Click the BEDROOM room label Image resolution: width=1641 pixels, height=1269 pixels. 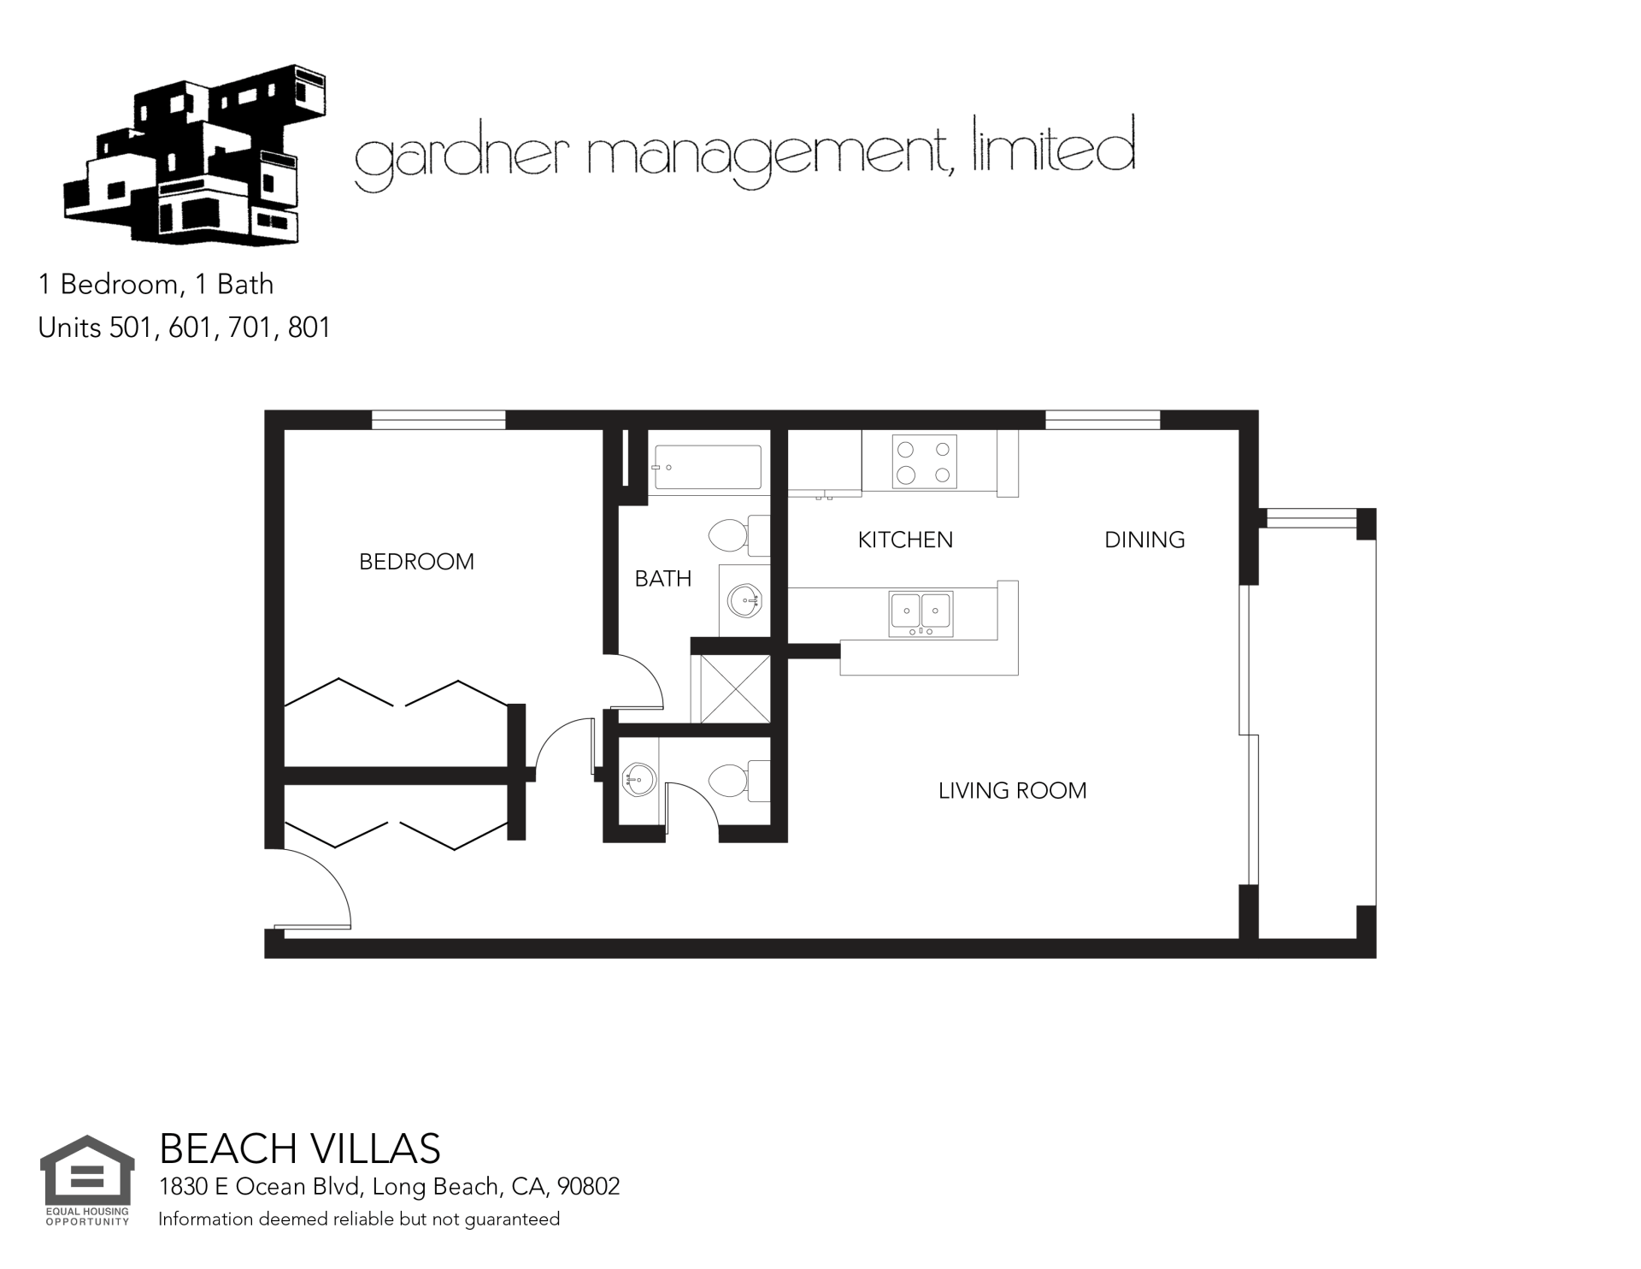coord(416,562)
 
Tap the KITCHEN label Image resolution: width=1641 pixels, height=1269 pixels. coord(905,540)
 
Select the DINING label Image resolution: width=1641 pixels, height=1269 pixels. coord(1144,540)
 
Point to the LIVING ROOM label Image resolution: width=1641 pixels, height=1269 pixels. coord(1012,790)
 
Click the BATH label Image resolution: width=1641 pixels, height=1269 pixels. coord(663,579)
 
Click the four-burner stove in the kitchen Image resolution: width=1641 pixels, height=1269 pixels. coord(925,462)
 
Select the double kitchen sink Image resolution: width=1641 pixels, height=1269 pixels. coord(920,614)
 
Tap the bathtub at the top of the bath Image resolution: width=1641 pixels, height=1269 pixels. coord(707,468)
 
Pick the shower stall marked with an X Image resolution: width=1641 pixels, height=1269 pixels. coord(730,689)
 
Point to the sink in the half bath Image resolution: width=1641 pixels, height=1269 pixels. coord(638,778)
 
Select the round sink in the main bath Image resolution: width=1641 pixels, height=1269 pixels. coord(745,600)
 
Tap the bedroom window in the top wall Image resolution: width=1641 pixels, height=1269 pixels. coord(438,420)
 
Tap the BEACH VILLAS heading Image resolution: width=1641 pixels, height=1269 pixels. coord(300,1149)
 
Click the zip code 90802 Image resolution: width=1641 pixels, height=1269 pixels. coord(588,1187)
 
